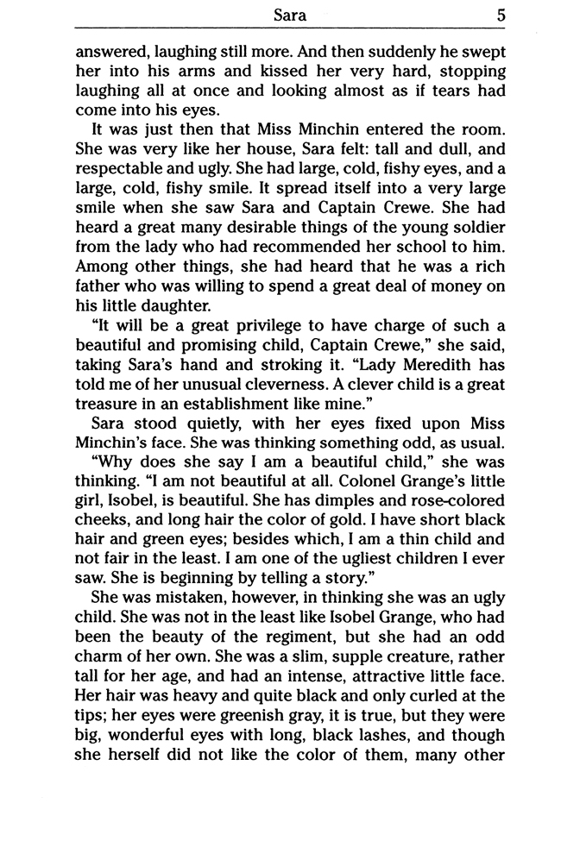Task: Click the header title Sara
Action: click(x=286, y=15)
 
